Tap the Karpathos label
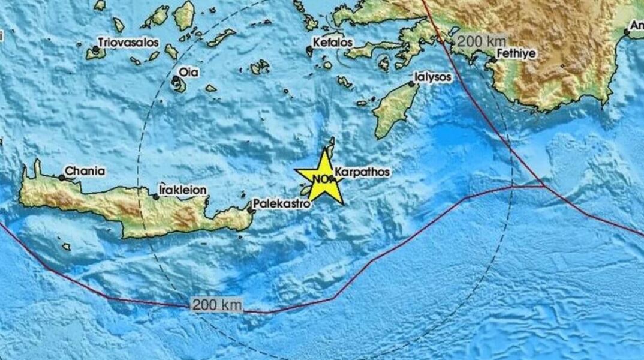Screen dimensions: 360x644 click(362, 172)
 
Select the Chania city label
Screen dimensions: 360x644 click(85, 172)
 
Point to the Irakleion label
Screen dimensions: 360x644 click(183, 190)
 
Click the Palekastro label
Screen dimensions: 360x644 click(281, 204)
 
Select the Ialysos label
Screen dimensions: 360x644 click(432, 78)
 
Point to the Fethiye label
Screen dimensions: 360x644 click(515, 53)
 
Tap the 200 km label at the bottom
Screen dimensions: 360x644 click(217, 305)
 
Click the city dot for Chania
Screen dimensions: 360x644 click(62, 178)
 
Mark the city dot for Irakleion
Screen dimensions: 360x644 click(156, 196)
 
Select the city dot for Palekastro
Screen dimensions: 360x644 click(250, 209)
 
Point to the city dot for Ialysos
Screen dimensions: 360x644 click(411, 85)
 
